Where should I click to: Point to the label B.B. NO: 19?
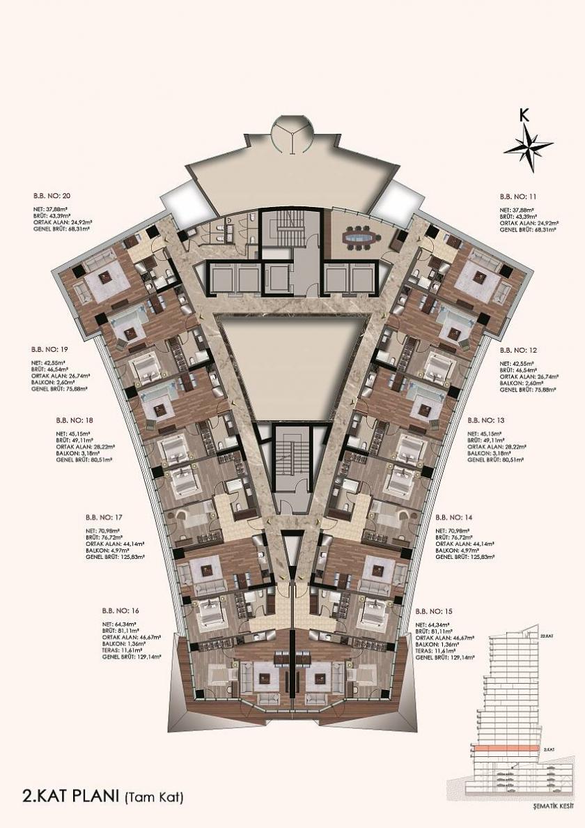point(49,348)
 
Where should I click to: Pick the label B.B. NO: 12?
point(519,348)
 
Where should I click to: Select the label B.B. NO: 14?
point(454,517)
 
